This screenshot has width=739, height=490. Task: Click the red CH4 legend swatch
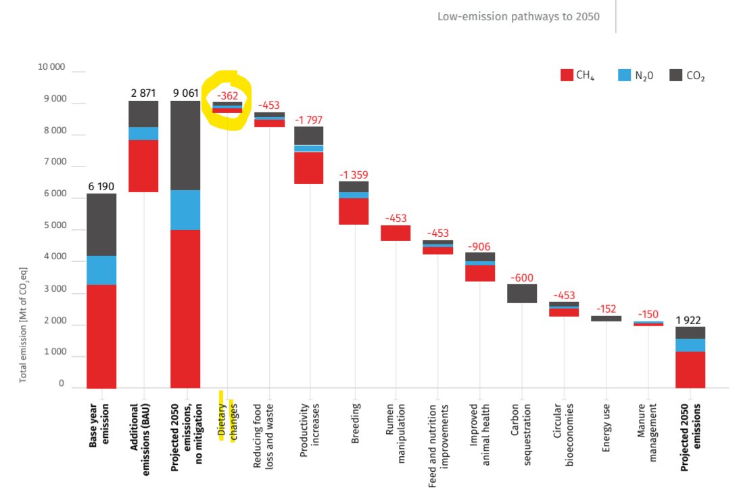567,76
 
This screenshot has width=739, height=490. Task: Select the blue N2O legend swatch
624,76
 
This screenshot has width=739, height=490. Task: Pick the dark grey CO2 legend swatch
675,76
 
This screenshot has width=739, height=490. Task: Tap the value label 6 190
101,185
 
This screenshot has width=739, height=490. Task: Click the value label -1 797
309,120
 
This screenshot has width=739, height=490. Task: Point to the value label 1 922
690,319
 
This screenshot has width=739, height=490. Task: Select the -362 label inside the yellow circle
227,95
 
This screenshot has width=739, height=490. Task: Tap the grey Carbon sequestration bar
522,293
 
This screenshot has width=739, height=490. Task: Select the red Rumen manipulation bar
396,233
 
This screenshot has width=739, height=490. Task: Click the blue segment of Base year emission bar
101,270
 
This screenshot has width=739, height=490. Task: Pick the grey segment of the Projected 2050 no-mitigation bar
185,146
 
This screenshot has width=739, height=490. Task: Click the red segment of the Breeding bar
352,211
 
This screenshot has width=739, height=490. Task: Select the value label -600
522,278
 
